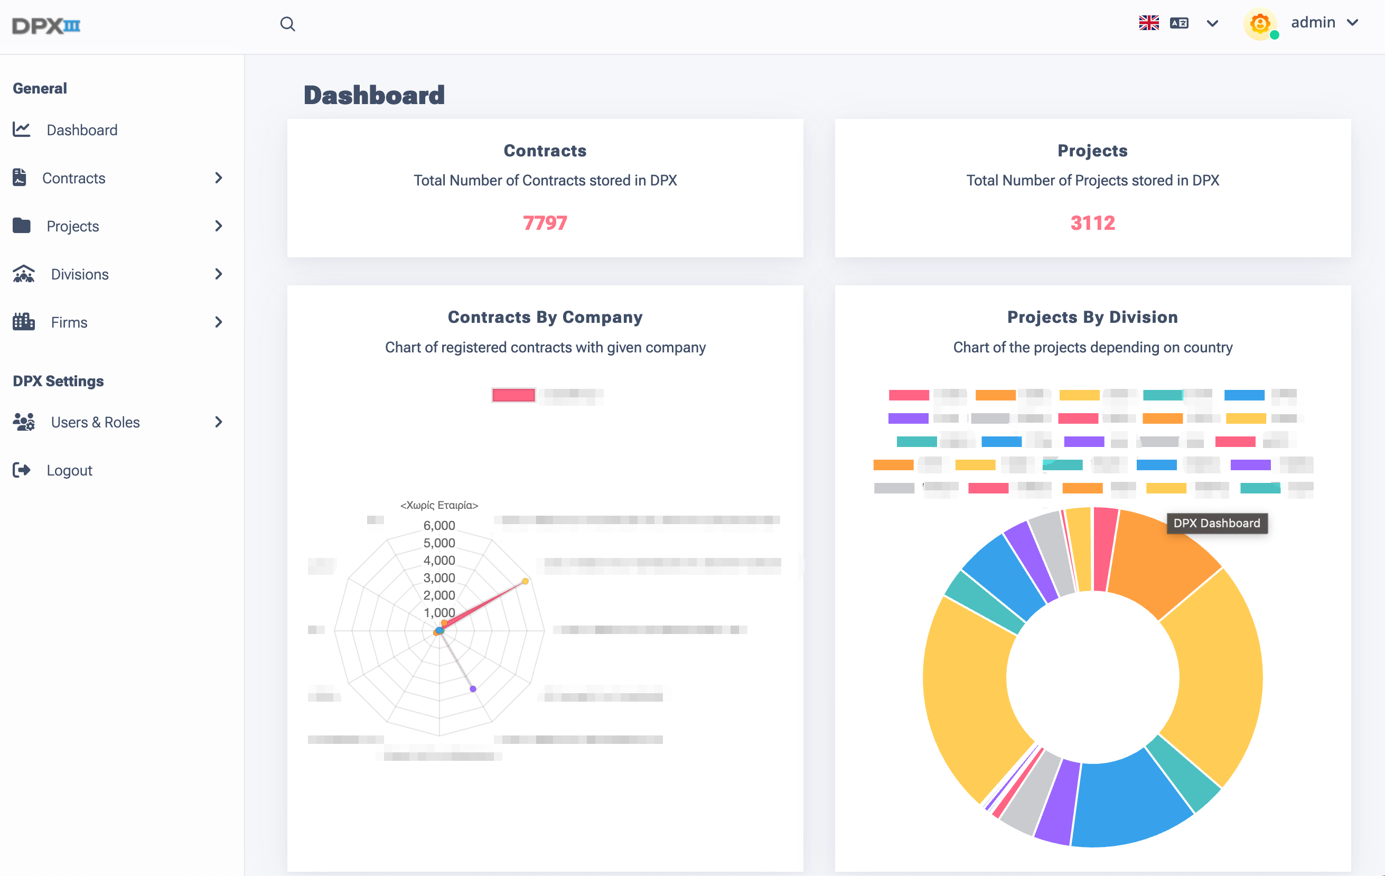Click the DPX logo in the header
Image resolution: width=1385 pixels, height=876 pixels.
tap(46, 25)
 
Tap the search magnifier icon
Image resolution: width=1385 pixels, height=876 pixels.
tap(287, 24)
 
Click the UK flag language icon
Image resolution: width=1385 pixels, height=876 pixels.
tap(1148, 23)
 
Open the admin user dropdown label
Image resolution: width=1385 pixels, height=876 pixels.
tap(1313, 22)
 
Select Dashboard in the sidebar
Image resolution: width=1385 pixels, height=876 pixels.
tap(82, 130)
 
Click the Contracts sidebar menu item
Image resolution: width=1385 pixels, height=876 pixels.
tap(73, 178)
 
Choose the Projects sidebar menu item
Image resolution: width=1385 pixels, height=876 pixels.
tap(72, 226)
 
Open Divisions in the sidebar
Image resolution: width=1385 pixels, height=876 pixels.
tap(79, 274)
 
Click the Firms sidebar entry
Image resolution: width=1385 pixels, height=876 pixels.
tap(69, 322)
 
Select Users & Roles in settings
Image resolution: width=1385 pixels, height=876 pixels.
tap(95, 422)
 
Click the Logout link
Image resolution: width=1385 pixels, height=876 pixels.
tap(69, 471)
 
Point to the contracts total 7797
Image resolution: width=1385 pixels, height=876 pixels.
tap(545, 223)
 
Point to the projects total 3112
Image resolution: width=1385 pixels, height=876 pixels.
tap(1092, 223)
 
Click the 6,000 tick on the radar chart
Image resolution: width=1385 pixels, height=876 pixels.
tap(439, 525)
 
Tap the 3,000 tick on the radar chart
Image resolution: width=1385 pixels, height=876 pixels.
tap(439, 577)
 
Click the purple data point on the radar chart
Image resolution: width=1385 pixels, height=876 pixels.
tap(473, 688)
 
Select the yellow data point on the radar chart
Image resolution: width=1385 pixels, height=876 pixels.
tap(525, 581)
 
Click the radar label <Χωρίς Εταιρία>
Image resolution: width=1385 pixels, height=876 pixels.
tap(439, 505)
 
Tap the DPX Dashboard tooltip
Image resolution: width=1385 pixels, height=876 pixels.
tap(1216, 523)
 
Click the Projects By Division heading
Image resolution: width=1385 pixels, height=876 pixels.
tap(1092, 317)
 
